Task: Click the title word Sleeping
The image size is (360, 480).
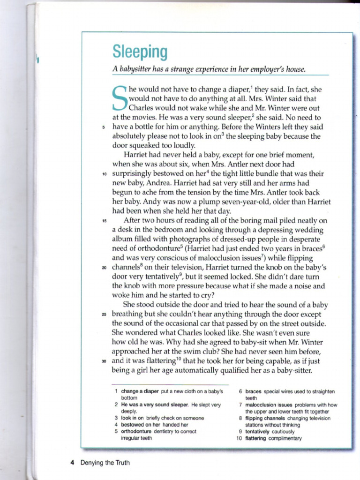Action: pyautogui.click(x=140, y=52)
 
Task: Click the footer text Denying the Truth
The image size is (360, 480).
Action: pyautogui.click(x=105, y=463)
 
